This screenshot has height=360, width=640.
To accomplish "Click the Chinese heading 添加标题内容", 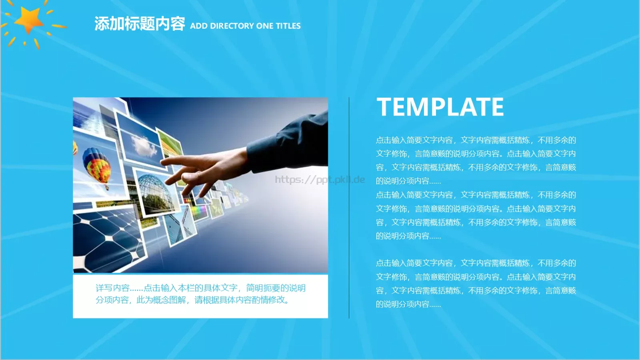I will click(x=140, y=24).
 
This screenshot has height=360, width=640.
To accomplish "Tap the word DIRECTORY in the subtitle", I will click(x=232, y=26).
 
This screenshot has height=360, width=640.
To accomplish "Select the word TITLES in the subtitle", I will click(x=288, y=26).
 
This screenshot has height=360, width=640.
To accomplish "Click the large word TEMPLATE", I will click(x=440, y=107).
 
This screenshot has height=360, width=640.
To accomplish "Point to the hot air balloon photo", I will click(x=97, y=166).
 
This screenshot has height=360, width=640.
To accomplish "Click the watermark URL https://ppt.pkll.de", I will click(x=320, y=180).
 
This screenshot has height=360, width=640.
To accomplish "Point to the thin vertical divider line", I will click(x=349, y=208).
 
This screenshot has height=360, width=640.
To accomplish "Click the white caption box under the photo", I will click(x=200, y=310).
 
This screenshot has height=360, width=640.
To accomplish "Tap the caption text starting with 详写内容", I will click(x=200, y=288).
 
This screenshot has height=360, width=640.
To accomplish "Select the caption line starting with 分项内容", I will click(x=192, y=300).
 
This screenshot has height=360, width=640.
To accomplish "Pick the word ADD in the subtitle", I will click(x=198, y=26).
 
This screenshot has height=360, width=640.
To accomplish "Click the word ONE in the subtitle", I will click(x=264, y=26).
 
